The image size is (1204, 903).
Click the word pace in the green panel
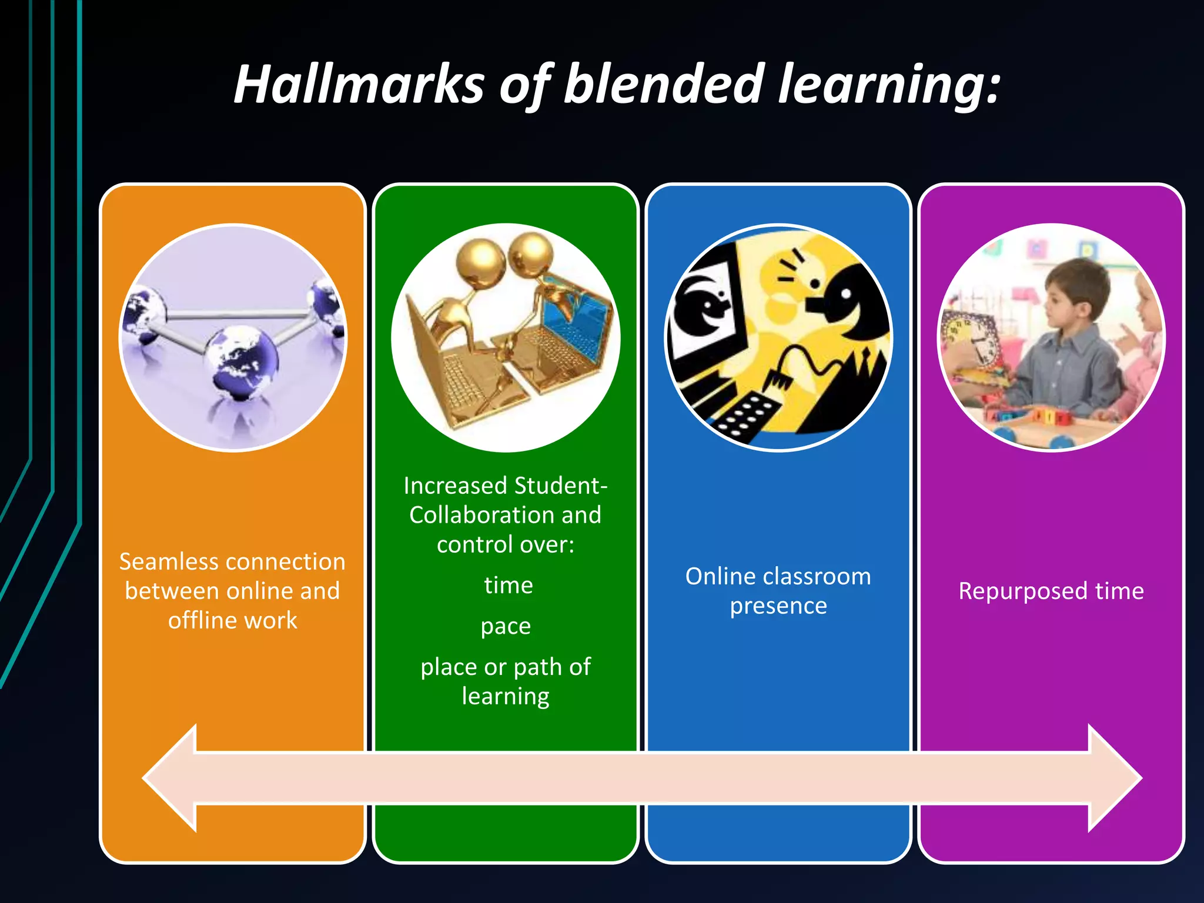[x=506, y=627]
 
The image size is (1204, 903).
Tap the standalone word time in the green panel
[x=509, y=586]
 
